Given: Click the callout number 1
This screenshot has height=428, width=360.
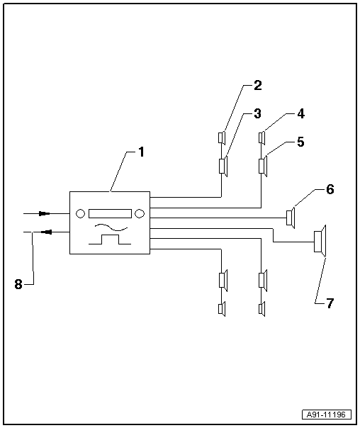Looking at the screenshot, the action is coord(141,152).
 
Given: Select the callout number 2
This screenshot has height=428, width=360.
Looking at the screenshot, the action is coord(258,86).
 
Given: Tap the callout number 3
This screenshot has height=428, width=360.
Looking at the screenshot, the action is coord(257,113).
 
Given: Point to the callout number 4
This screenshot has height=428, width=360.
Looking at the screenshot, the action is coord(300,113).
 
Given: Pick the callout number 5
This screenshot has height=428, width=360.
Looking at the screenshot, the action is coord(300,142).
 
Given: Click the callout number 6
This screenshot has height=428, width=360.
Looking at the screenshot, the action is coord(330,189).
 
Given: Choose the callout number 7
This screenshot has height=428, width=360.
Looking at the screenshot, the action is coord(330,303).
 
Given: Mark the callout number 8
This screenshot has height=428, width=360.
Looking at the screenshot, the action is coord(18,284).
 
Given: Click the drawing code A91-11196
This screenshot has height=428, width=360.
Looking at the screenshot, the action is coord(327,415).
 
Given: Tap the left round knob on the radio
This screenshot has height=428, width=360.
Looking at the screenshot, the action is coord(80,213).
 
